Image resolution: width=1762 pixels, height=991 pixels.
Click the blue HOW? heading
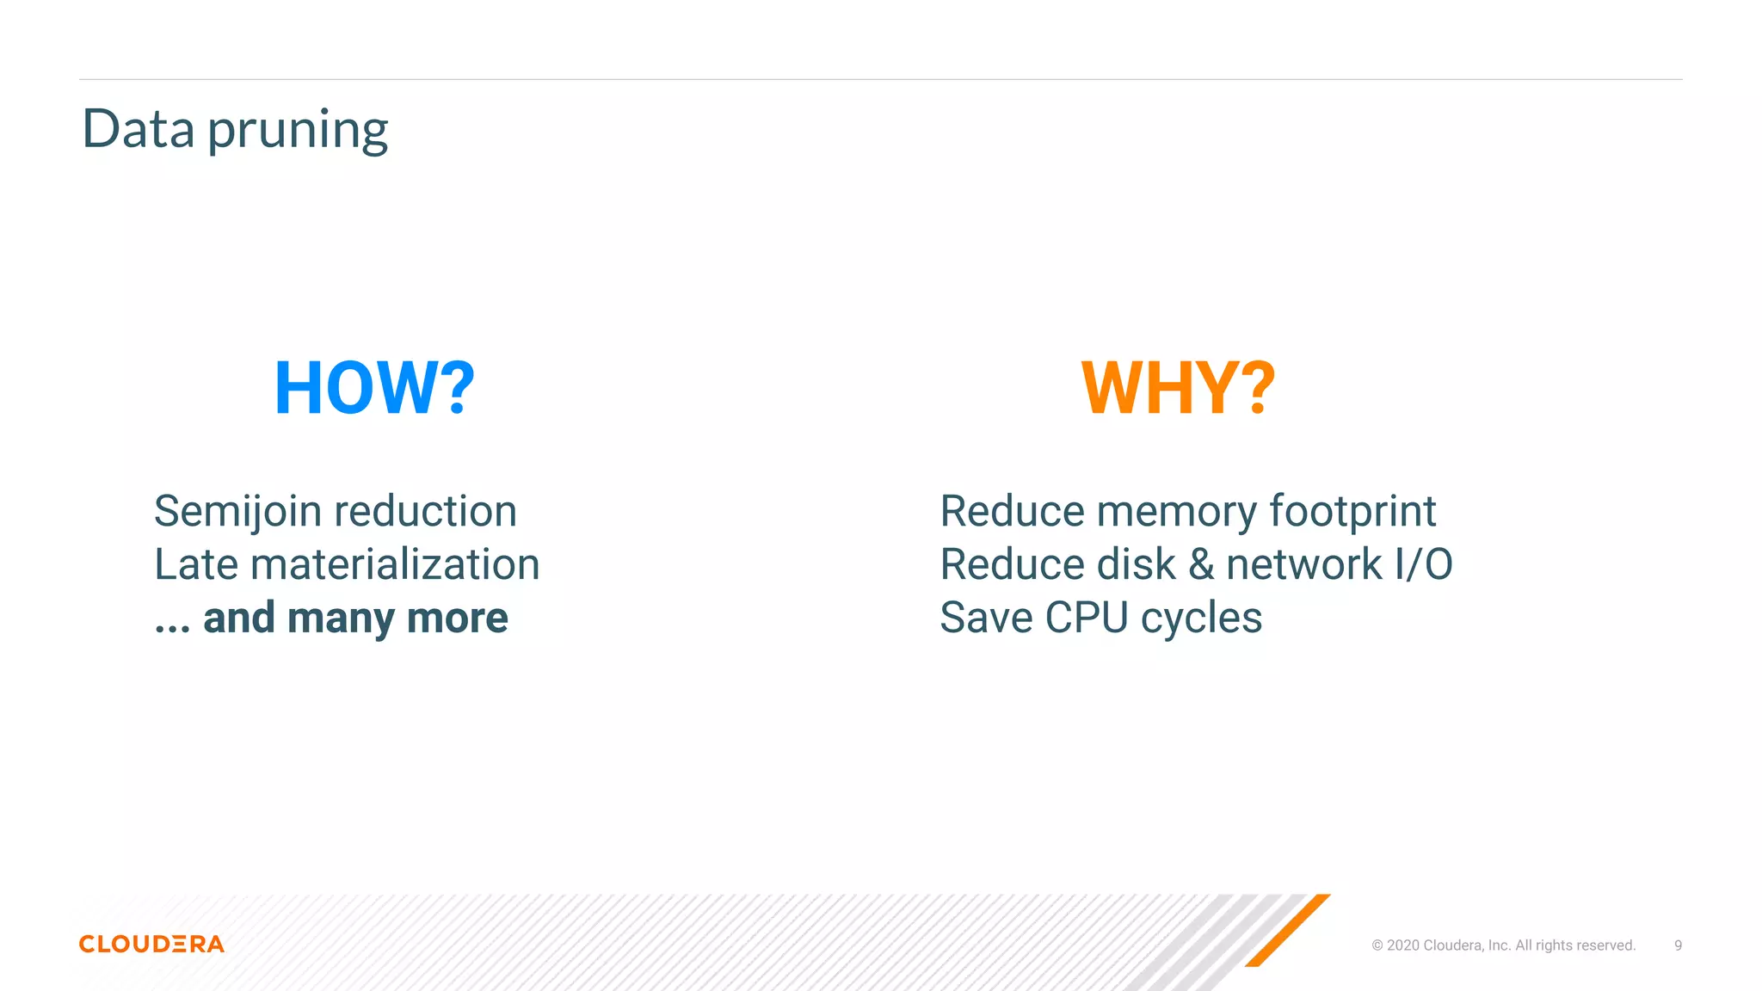tap(374, 388)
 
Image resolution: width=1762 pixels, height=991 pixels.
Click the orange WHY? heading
tap(1178, 388)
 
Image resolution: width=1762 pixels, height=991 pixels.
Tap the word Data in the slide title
tap(138, 129)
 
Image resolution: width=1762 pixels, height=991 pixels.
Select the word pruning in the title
tap(298, 132)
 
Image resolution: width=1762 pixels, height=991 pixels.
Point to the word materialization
tap(395, 565)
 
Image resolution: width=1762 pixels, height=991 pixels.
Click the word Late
tap(196, 565)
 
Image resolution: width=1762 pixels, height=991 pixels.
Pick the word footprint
tap(1352, 512)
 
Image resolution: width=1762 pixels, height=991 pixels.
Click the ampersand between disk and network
tap(1201, 565)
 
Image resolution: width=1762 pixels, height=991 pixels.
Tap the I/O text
tap(1423, 565)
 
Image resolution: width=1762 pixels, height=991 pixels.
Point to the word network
tap(1304, 565)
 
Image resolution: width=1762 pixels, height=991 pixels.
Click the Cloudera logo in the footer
tap(151, 944)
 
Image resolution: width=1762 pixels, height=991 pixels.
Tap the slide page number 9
tap(1678, 945)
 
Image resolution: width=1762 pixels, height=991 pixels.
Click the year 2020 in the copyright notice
tap(1402, 945)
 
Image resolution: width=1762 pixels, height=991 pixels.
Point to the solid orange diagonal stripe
tap(1287, 930)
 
